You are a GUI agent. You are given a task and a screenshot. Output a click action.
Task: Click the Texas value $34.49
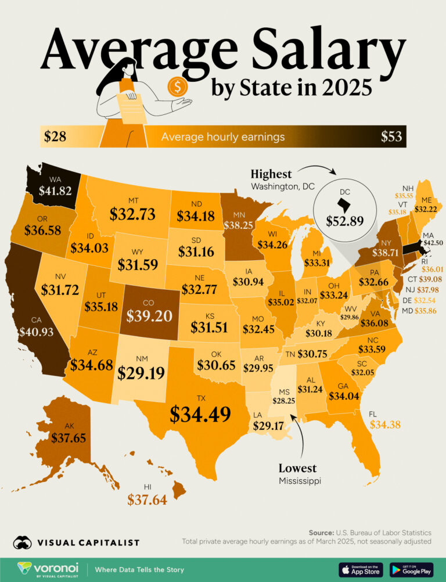pyautogui.click(x=200, y=414)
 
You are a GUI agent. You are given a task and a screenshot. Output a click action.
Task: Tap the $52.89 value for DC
pyautogui.click(x=341, y=221)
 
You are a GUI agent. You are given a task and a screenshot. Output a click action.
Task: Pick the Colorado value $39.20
pyautogui.click(x=149, y=314)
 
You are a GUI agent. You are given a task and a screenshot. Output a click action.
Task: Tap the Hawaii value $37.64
pyautogui.click(x=147, y=499)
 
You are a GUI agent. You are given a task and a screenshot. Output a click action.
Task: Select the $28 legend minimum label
pyautogui.click(x=55, y=137)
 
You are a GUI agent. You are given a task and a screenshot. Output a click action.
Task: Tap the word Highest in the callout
pyautogui.click(x=271, y=174)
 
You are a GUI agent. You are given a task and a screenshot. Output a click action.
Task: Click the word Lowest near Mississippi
pyautogui.click(x=297, y=468)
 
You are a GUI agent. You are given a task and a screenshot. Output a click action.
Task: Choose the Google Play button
pyautogui.click(x=411, y=569)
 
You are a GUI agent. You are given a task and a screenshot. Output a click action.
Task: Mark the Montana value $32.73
pyautogui.click(x=132, y=214)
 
